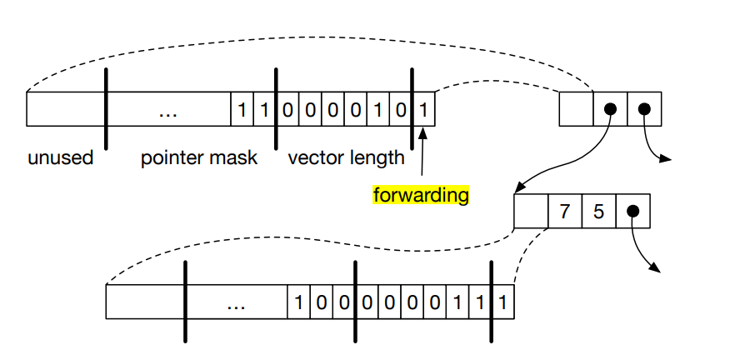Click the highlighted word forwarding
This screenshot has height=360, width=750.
pos(421,195)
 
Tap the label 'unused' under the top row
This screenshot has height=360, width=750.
pos(59,157)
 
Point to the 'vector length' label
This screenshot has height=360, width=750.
pos(346,157)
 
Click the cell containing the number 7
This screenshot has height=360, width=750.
pos(564,212)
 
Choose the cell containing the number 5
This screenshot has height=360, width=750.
pos(598,212)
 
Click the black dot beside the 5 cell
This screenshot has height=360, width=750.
pos(632,212)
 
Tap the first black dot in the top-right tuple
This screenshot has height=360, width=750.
pos(610,109)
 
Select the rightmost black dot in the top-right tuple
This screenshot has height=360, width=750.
pos(644,109)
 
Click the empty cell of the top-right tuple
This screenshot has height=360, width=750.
pos(576,109)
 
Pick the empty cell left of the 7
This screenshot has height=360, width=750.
pos(531,212)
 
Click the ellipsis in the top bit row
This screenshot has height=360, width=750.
pos(168,110)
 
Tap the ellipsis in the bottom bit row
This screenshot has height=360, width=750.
pos(236,302)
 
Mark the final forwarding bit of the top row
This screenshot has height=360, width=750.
pos(424,109)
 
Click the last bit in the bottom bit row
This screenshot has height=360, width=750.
pos(503,302)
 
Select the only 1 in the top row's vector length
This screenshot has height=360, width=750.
pos(378,109)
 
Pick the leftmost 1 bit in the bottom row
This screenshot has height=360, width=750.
pos(299,302)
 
